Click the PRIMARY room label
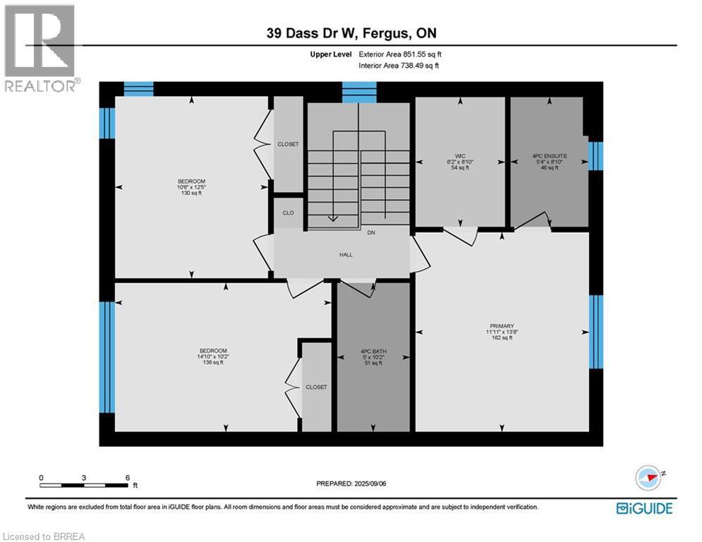tap(502, 326)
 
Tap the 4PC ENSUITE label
tap(550, 156)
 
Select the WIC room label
tap(460, 156)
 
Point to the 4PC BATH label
tap(373, 351)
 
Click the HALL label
tap(346, 255)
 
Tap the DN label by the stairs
tap(371, 232)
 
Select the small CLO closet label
tap(289, 212)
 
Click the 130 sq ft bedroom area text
tap(191, 193)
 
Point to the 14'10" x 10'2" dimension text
tap(213, 356)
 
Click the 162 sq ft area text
tap(502, 338)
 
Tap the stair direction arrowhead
tap(332, 219)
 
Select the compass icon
tap(648, 478)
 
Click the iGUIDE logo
tap(644, 508)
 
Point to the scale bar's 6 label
tap(128, 478)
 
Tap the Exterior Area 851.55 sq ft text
tap(400, 54)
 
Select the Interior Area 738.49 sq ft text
tap(399, 66)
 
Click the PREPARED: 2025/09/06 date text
tap(351, 483)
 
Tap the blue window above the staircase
tap(359, 92)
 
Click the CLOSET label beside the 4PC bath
tap(317, 387)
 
